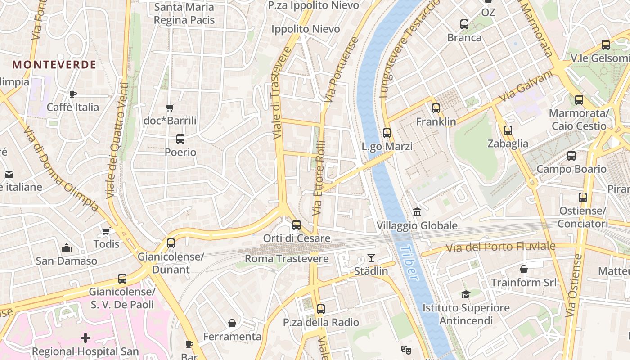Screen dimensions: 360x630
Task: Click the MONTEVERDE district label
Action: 54,65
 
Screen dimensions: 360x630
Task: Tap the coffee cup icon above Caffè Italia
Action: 73,94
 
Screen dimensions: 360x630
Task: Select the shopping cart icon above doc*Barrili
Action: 170,108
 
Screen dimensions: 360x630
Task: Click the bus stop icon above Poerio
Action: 180,139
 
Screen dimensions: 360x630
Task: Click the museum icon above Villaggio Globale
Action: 417,212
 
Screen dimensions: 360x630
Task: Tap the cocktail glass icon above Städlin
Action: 371,257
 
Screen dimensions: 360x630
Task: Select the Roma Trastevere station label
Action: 287,259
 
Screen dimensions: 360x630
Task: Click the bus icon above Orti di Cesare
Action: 297,225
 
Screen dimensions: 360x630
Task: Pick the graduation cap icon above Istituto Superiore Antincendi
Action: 466,294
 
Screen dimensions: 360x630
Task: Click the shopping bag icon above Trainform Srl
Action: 524,269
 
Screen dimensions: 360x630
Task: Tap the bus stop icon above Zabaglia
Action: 508,130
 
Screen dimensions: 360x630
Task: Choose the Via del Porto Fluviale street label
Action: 500,247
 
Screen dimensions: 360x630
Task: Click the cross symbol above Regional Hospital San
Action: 85,337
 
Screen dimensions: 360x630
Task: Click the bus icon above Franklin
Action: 436,108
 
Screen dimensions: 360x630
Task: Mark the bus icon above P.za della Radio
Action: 321,309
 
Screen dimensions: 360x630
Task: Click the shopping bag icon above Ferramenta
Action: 232,323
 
